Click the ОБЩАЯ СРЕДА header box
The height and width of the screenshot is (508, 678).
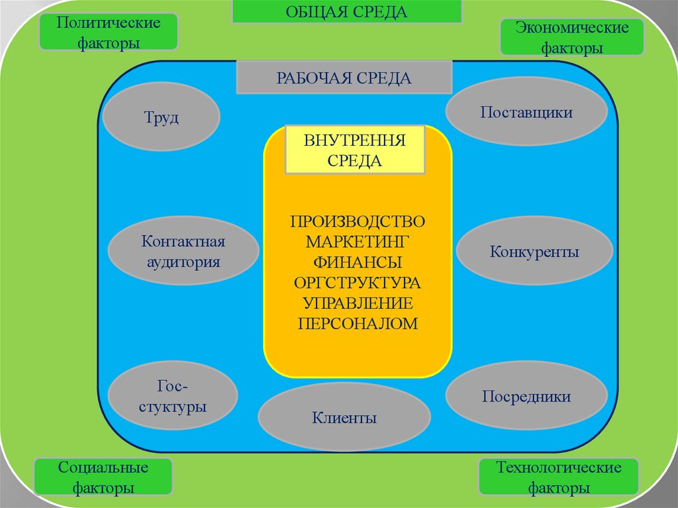346,11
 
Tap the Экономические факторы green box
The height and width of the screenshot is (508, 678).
572,38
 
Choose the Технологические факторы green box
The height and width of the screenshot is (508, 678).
558,478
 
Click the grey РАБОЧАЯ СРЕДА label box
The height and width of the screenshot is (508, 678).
344,79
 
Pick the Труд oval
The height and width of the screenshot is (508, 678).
162,118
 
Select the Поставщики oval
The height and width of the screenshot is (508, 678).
526,112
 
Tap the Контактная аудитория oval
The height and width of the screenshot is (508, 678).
183,251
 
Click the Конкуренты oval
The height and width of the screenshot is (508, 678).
534,252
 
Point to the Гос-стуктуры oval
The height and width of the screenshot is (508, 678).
172,396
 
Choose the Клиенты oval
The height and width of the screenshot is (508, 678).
344,417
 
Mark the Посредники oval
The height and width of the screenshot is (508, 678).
526,396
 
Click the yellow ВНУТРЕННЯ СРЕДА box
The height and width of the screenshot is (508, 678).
354,150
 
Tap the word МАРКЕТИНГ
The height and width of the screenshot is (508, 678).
358,238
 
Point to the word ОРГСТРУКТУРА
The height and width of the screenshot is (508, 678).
358,283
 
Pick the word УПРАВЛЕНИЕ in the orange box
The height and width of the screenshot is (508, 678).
358,303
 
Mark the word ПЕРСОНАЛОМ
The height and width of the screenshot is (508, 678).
358,324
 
